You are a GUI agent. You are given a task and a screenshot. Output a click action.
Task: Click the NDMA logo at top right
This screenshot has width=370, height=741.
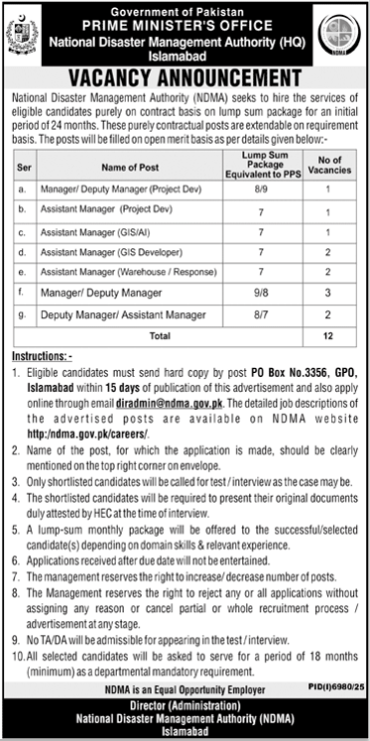[x=346, y=35]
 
